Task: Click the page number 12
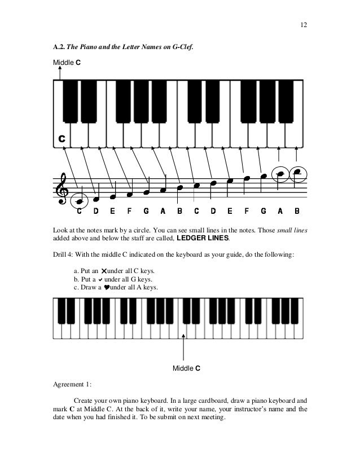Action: (303, 25)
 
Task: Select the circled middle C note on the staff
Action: (81, 200)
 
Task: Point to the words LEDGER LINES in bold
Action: (204, 239)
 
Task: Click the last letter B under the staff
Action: (297, 212)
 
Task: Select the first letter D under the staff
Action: (96, 212)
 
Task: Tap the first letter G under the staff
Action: (146, 212)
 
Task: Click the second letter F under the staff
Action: (247, 212)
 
